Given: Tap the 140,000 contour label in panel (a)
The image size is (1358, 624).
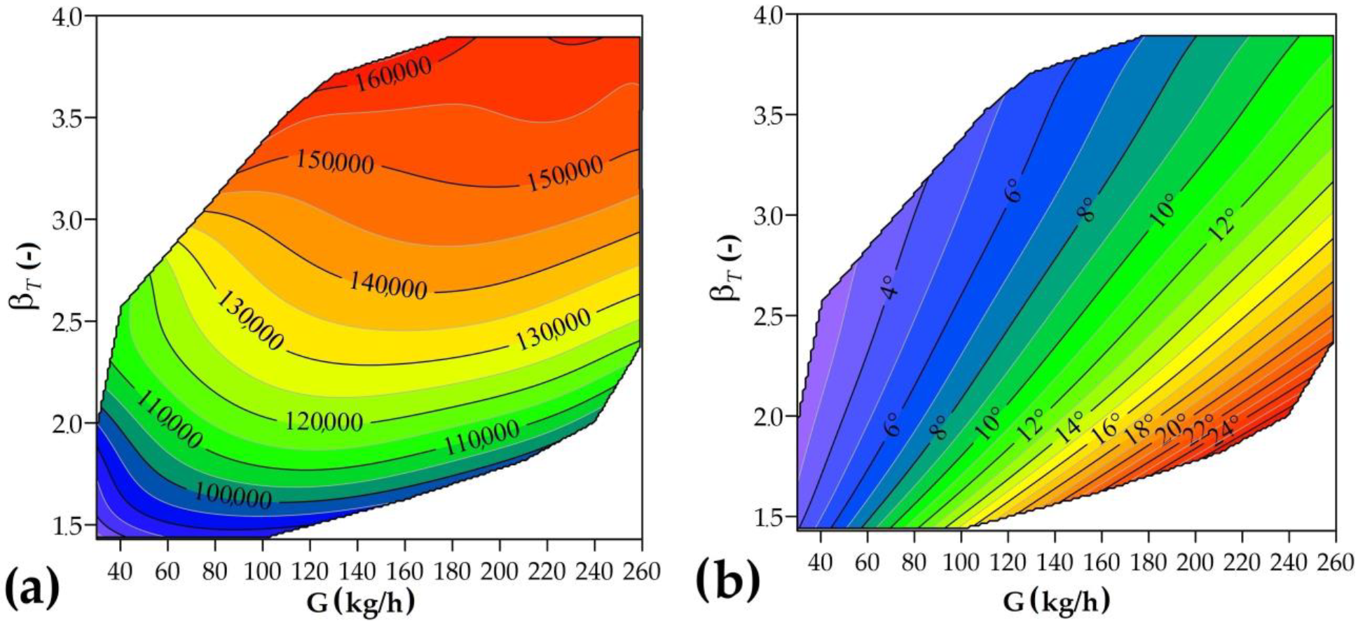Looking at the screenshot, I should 387,285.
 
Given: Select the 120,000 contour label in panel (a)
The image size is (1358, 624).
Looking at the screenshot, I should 324,422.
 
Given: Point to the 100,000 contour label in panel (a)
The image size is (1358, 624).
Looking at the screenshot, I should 233,497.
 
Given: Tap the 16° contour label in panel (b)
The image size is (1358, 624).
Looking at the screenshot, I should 1106,429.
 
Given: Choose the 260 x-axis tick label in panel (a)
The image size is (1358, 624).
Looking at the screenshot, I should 640,571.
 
